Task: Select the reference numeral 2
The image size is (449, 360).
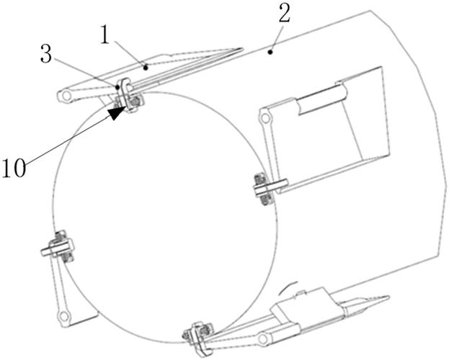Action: [285, 14]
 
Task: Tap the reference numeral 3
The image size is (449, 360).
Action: [46, 54]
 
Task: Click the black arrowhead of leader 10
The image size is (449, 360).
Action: [117, 112]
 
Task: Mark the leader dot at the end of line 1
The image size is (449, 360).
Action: [146, 68]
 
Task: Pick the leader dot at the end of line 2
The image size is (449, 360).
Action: [270, 52]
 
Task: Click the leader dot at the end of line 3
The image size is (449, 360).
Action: [117, 86]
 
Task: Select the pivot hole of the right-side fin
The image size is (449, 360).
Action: [265, 117]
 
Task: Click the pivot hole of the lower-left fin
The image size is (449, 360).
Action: [63, 317]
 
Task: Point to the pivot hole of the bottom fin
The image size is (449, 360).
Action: [263, 339]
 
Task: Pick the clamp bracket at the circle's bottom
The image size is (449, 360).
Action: [198, 339]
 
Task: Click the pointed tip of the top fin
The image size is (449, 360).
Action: [242, 49]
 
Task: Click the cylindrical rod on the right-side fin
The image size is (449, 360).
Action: [322, 99]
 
